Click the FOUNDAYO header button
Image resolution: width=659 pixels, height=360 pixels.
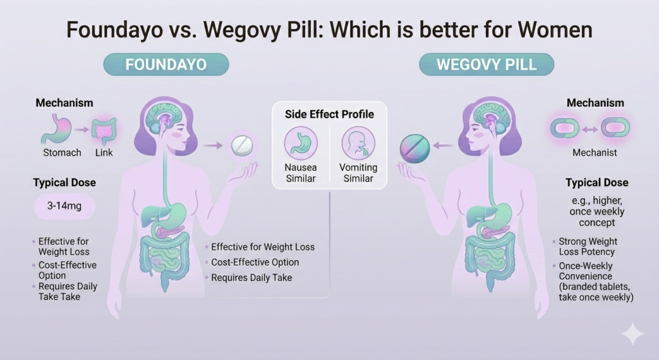[166, 65]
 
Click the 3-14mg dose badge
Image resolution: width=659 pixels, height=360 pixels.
[64, 207]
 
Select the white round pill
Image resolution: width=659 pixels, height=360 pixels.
[242, 146]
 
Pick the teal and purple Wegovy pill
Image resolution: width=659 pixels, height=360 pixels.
[414, 148]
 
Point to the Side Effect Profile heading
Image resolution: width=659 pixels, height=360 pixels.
[329, 114]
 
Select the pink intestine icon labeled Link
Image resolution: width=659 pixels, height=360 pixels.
[104, 130]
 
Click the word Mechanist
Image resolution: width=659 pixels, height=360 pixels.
[595, 153]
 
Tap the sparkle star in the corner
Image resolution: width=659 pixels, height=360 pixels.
[632, 334]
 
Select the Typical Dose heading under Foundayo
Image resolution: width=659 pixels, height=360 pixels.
[64, 183]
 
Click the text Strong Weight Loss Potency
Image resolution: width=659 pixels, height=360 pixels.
[586, 247]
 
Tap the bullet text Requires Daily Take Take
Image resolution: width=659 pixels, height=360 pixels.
[68, 291]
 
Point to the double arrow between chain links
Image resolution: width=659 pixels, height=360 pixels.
[595, 128]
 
